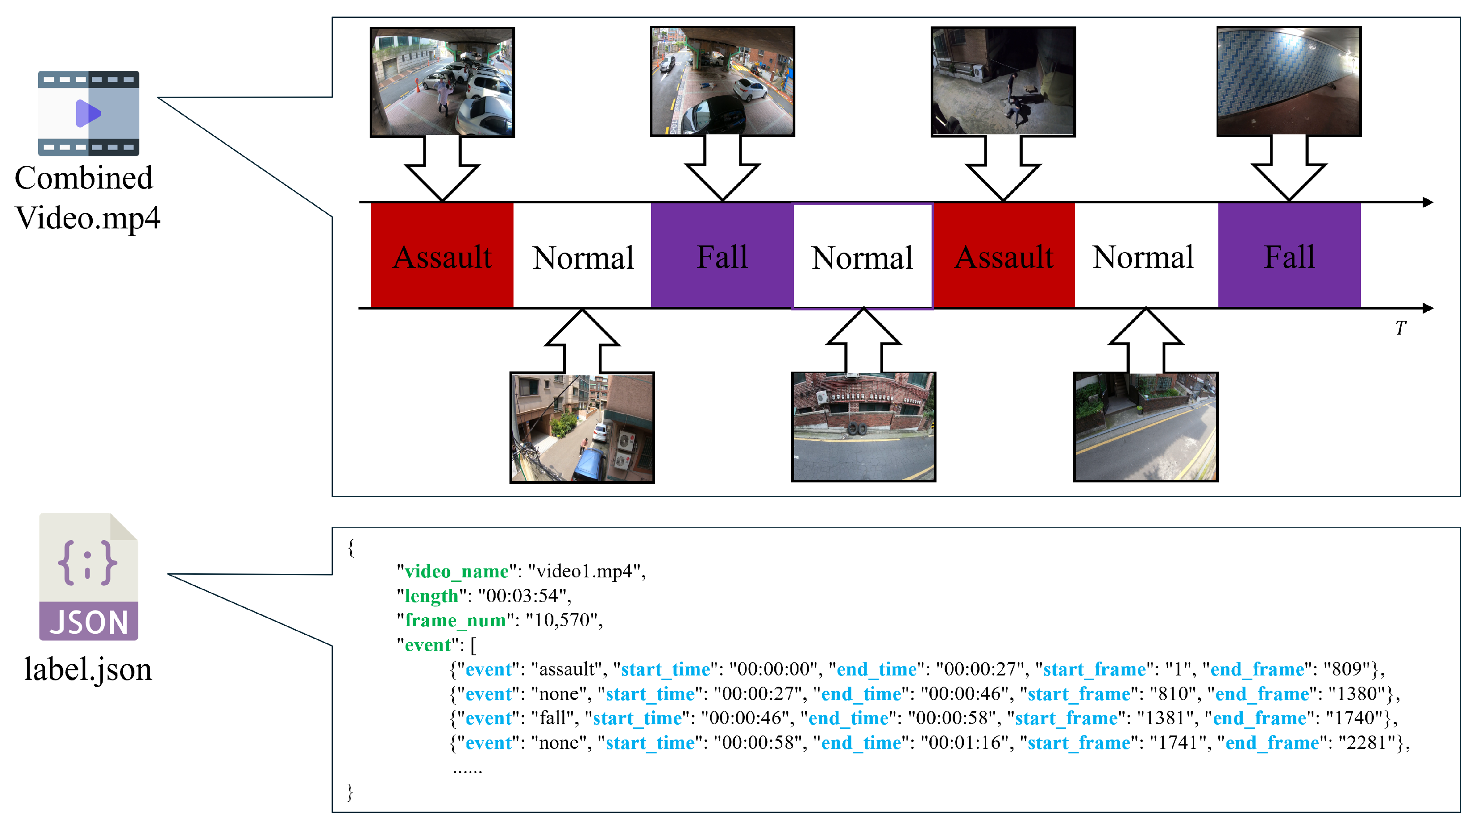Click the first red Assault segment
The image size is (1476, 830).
[442, 255]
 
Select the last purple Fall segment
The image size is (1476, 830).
[1289, 255]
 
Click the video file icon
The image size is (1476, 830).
[89, 113]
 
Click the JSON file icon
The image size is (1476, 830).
[89, 576]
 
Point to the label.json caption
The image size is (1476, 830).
[88, 669]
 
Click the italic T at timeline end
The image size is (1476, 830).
[1400, 328]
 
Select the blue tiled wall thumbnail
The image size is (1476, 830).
[1289, 82]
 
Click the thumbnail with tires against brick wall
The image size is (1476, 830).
[863, 427]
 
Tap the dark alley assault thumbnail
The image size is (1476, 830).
[1003, 82]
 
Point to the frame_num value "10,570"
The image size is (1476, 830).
[561, 620]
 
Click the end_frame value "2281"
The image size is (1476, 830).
[1370, 743]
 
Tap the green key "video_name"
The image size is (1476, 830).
[456, 571]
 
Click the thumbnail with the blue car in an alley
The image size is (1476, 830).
[582, 427]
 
